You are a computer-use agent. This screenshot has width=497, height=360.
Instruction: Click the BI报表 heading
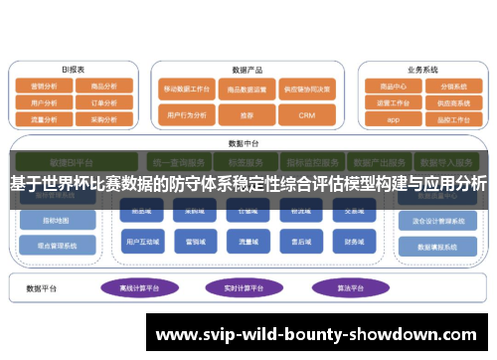(74, 70)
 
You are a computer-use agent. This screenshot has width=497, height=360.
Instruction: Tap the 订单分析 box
(103, 101)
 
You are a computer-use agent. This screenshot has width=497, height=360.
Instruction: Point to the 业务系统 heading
(422, 70)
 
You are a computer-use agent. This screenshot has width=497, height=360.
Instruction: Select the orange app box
(393, 117)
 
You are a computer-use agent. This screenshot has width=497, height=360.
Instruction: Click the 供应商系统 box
(453, 101)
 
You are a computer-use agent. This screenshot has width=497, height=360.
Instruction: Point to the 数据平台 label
(43, 287)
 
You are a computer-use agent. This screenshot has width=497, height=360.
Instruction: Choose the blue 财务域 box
(355, 240)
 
